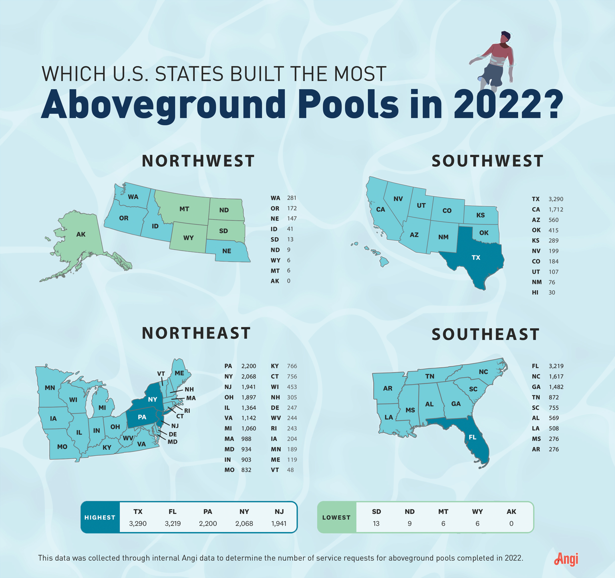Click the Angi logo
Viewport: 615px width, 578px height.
[566, 559]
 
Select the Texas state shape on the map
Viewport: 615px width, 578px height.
[473, 260]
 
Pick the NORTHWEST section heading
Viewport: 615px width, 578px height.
[198, 161]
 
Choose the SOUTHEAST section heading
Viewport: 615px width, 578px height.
[485, 334]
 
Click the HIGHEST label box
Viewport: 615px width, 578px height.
[100, 517]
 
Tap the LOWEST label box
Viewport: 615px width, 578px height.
[337, 517]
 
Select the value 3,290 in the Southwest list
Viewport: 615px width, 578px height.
[556, 199]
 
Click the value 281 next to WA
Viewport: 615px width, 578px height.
[291, 198]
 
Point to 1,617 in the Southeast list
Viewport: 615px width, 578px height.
[556, 376]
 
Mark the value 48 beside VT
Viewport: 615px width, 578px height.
[290, 470]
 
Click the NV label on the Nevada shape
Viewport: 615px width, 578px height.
[398, 199]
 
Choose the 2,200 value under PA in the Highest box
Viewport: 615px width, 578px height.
[208, 524]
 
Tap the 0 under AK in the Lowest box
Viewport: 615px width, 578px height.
[511, 524]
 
